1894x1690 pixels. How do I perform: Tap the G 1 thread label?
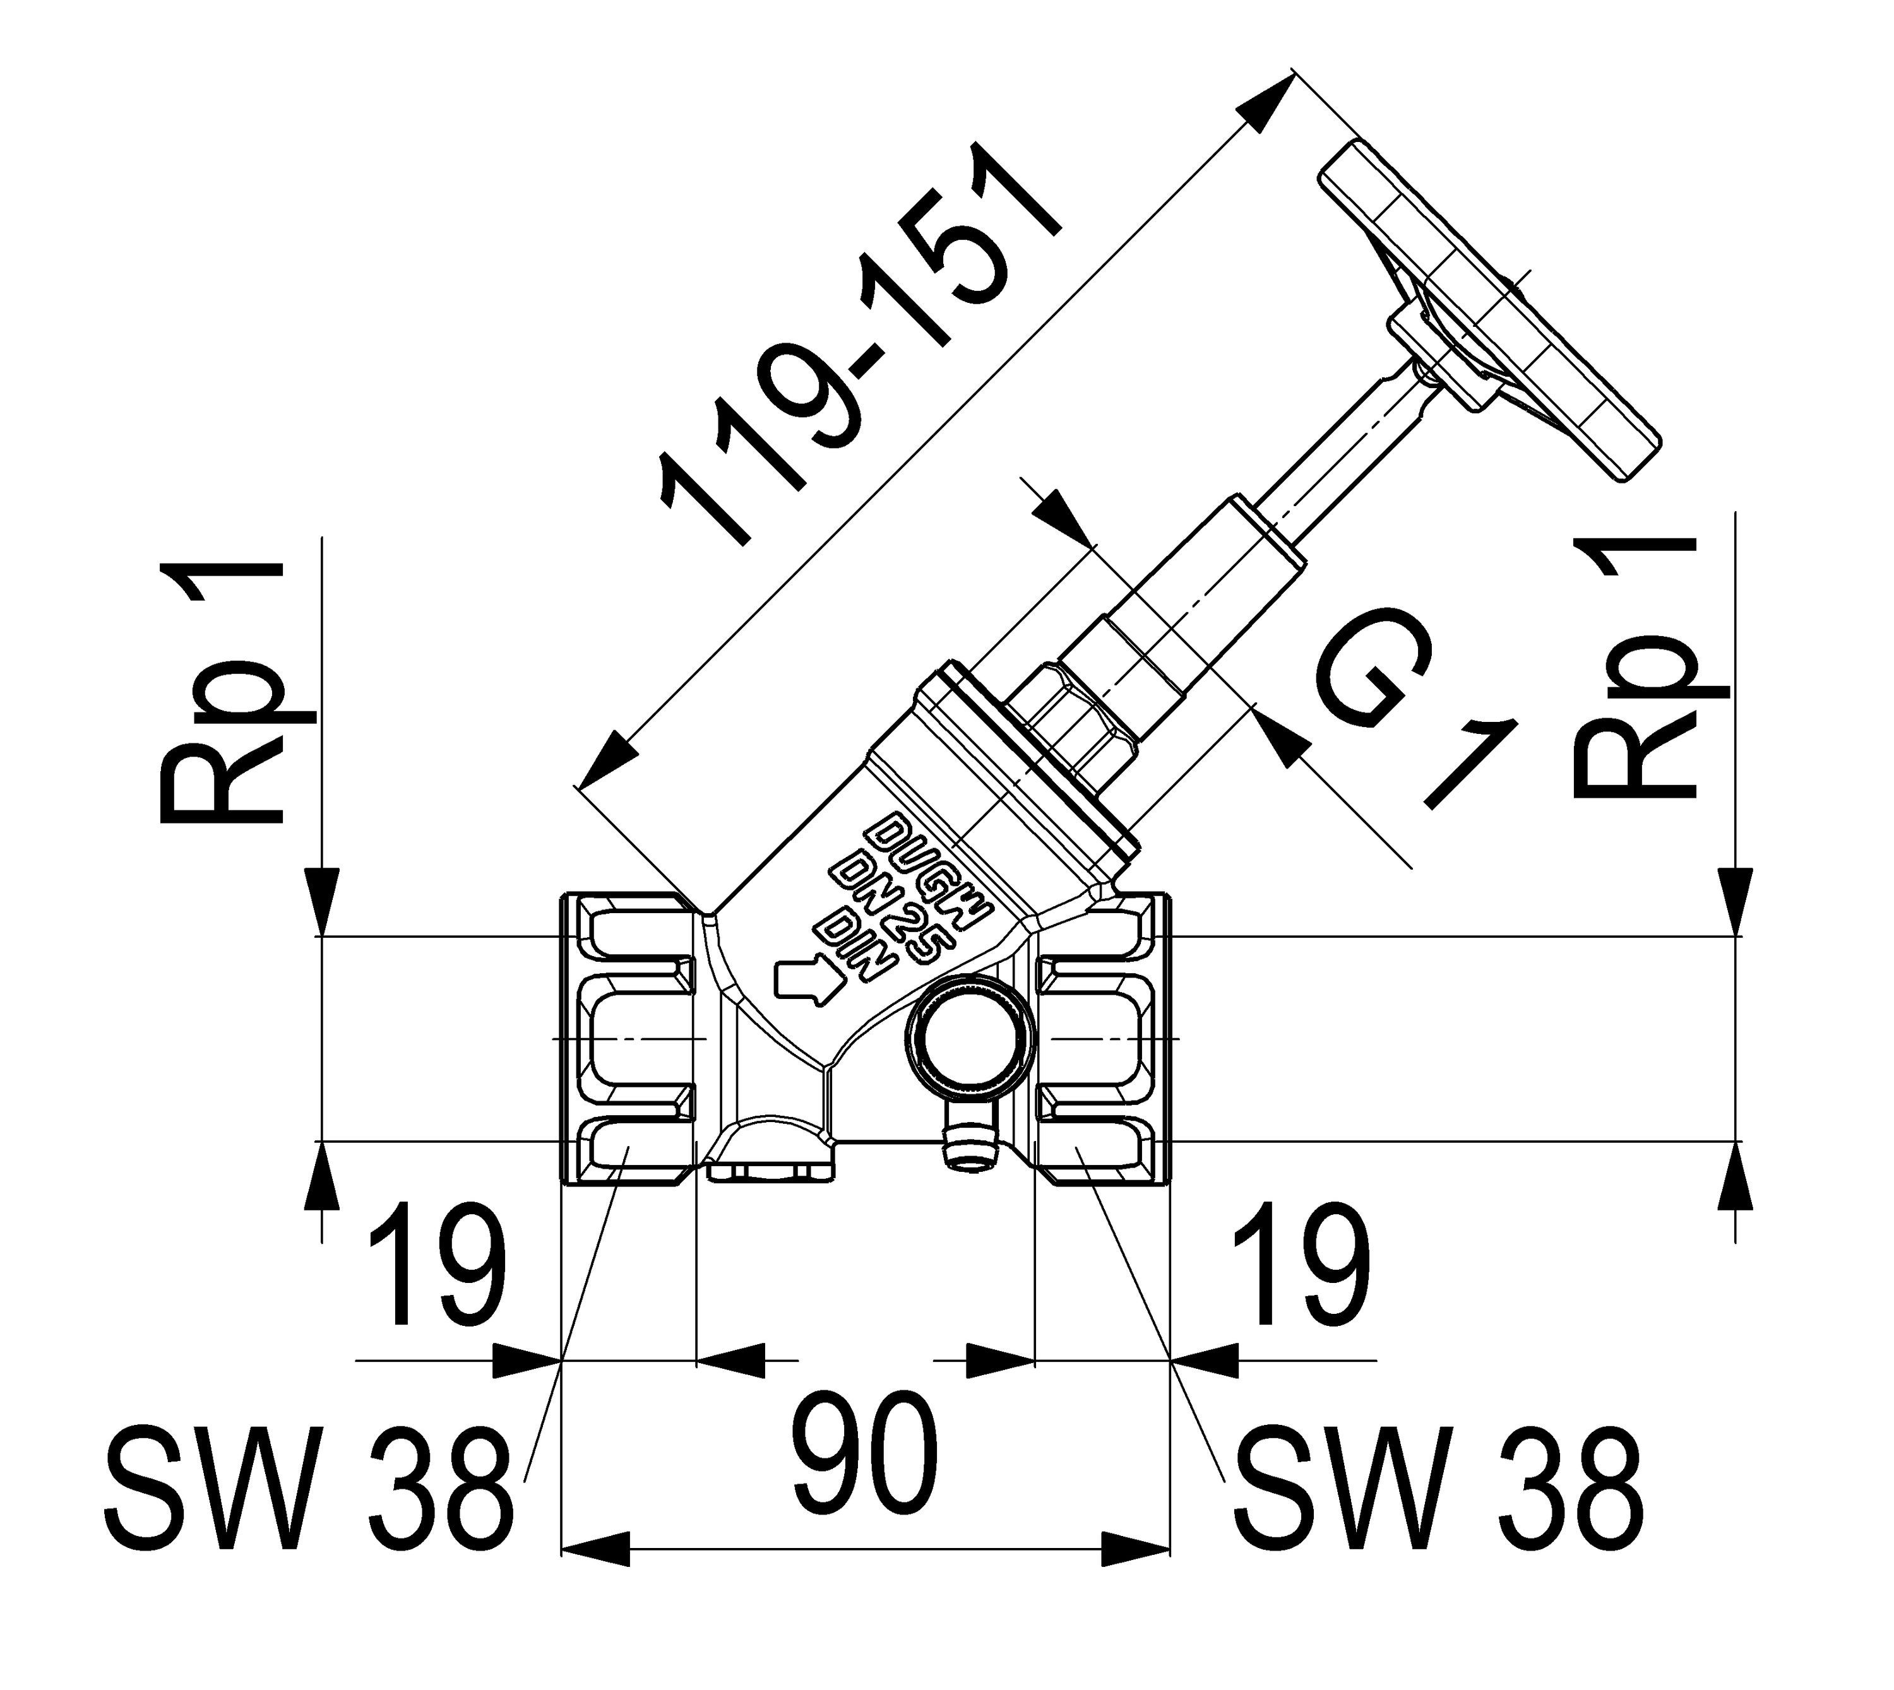click(x=1412, y=706)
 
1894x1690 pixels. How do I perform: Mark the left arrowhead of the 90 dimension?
click(x=595, y=1548)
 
